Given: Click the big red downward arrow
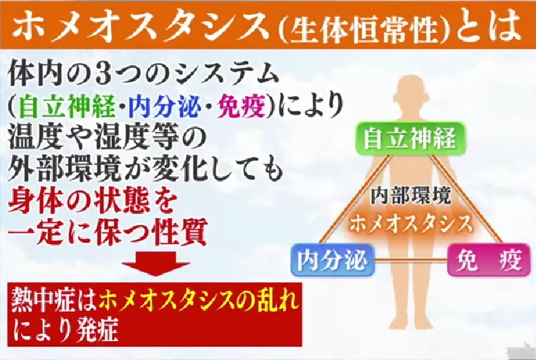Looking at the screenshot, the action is pos(156,263).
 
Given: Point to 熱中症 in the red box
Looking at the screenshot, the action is pos(42,300).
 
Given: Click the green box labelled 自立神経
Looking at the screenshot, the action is pos(410,138).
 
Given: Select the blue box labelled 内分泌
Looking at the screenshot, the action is pos(332,260).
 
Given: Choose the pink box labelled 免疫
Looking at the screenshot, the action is pos(489,260).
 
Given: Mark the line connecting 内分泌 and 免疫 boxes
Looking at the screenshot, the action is pos(411,261).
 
